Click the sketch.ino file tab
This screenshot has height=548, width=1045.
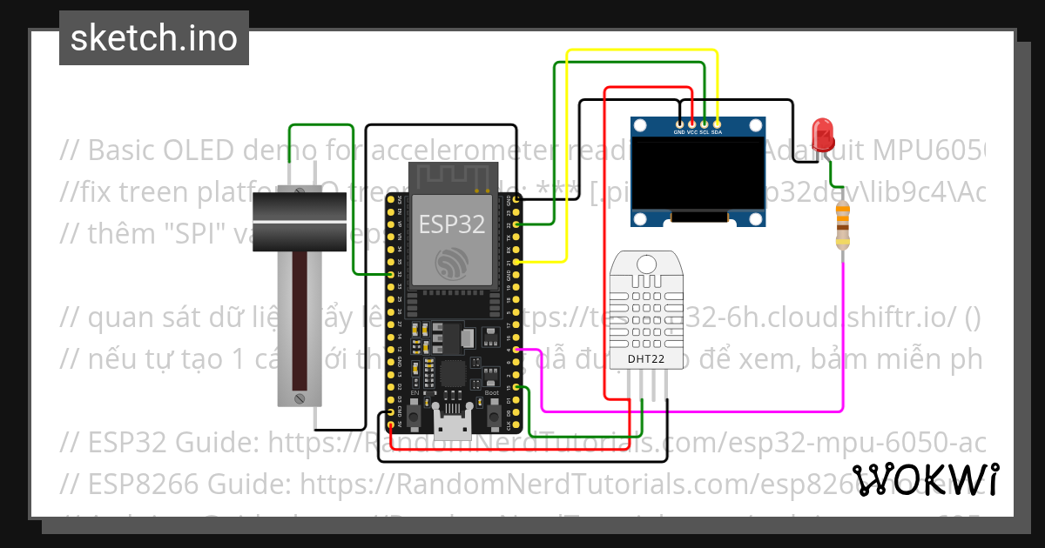point(153,38)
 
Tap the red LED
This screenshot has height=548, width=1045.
point(822,136)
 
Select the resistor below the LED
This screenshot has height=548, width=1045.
point(841,224)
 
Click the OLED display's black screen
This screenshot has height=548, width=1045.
point(698,173)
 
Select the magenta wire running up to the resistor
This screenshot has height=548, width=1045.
point(843,339)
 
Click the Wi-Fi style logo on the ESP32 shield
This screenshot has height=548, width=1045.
point(451,262)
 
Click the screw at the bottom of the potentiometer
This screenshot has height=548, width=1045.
point(299,398)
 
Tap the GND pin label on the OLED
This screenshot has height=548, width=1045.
point(678,132)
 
